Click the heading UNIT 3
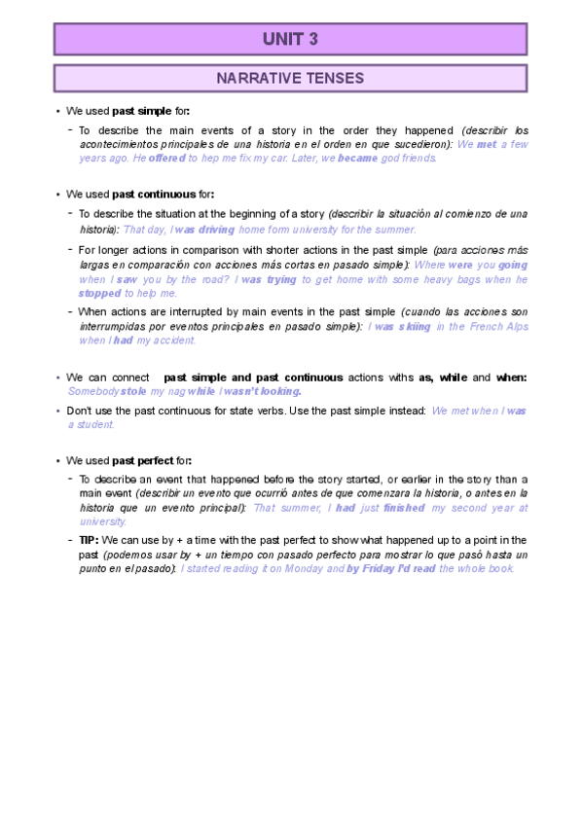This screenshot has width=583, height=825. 290,39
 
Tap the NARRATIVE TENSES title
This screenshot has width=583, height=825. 290,78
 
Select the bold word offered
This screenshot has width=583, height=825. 166,158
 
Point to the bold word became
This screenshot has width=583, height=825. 357,158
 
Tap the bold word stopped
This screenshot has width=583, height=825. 100,292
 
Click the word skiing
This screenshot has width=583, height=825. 412,327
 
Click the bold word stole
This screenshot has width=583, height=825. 133,390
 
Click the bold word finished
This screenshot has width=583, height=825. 405,507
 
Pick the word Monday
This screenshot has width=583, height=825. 302,568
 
